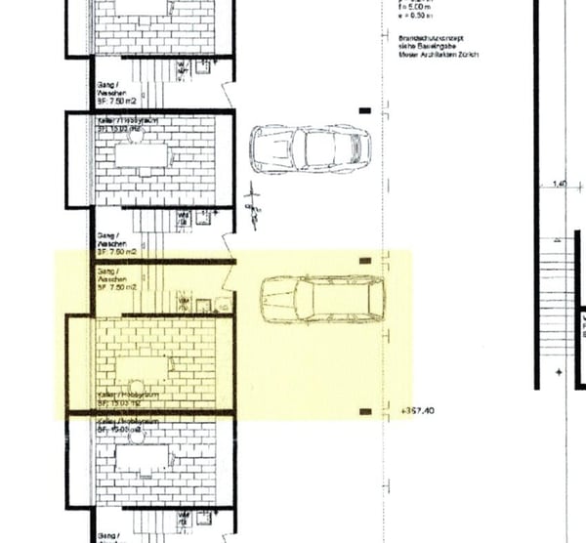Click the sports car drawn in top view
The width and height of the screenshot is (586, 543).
[x=311, y=148]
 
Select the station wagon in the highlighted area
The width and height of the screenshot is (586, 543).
[x=321, y=300]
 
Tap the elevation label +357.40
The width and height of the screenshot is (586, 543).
[x=418, y=411]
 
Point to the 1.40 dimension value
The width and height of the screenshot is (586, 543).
[x=560, y=184]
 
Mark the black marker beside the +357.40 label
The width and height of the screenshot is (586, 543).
[x=365, y=412]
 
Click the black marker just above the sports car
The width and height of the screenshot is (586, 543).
[x=365, y=111]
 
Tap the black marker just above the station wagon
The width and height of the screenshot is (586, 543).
[x=365, y=261]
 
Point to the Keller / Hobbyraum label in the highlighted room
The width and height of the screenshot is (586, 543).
[x=129, y=396]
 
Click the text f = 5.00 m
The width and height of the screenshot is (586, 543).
[x=417, y=7]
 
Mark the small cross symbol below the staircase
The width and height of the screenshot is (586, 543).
[x=559, y=372]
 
